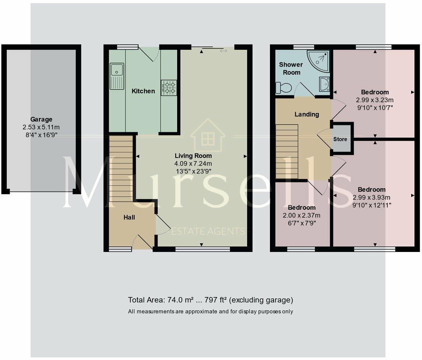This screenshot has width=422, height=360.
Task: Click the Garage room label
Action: (x=41, y=119)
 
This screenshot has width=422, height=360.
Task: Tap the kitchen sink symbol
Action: (x=116, y=73)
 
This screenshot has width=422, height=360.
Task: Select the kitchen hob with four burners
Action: (x=169, y=87)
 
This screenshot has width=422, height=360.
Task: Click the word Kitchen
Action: (x=143, y=91)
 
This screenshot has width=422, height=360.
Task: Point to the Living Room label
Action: (x=193, y=156)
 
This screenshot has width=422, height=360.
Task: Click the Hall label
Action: (x=129, y=217)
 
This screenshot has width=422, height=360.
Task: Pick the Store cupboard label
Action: (x=340, y=139)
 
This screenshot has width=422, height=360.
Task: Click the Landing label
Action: (x=306, y=114)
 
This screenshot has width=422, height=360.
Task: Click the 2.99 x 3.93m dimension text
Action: (x=372, y=197)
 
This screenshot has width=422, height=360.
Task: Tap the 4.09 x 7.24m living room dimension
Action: (x=193, y=163)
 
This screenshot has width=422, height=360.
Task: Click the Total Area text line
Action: (x=210, y=300)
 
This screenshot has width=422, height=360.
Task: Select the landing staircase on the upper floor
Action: (x=287, y=152)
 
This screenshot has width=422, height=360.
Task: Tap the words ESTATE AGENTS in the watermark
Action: (x=208, y=231)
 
